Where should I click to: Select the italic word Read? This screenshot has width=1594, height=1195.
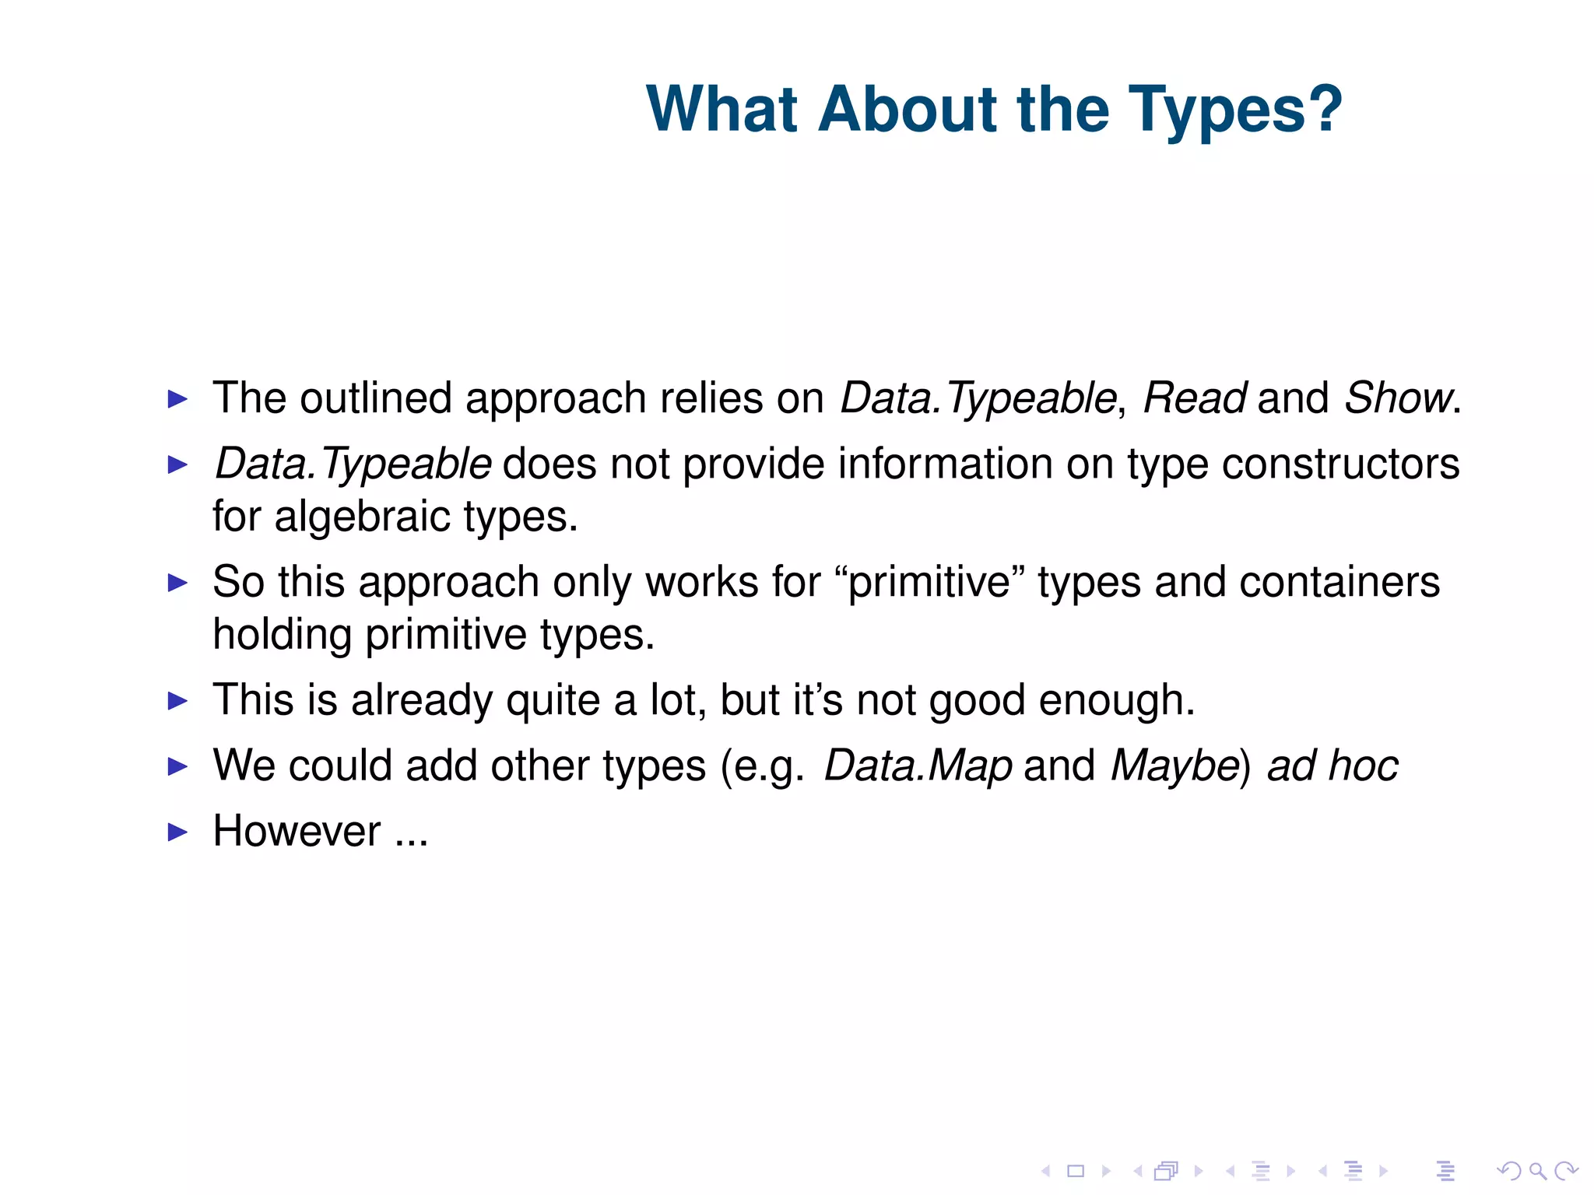click(1194, 398)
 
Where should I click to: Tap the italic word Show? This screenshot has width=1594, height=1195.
click(1398, 398)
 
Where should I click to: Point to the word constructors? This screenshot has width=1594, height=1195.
click(1340, 464)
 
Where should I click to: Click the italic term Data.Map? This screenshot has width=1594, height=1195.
click(918, 766)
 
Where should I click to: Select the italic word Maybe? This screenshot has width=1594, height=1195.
click(1174, 766)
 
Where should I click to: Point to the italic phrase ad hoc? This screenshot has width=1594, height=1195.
click(1332, 766)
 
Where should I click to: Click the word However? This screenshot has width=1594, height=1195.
click(297, 831)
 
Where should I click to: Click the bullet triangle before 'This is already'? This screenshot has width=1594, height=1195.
click(178, 701)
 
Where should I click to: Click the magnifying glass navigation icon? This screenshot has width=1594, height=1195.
click(1537, 1171)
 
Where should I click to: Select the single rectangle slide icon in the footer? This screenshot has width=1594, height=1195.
click(1076, 1171)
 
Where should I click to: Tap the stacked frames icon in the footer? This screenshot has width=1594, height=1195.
click(1166, 1171)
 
